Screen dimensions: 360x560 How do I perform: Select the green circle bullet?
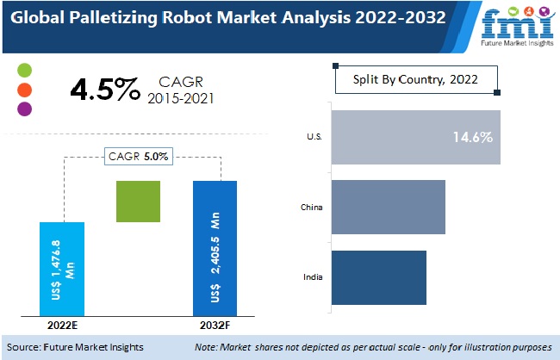pos(24,70)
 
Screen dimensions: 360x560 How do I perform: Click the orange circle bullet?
pos(24,89)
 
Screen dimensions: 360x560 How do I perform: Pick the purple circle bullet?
pos(24,109)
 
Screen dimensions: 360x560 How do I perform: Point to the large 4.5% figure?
pos(103,90)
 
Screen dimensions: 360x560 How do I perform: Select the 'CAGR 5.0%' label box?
pos(138,157)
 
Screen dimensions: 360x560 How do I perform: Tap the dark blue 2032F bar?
pos(215,248)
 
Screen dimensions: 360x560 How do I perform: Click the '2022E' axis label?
pos(62,325)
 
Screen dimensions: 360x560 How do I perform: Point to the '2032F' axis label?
pos(215,325)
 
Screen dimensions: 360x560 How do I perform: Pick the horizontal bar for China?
pos(388,207)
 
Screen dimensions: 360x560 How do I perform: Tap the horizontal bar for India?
pos(378,277)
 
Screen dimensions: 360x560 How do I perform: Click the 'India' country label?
pos(314,277)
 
